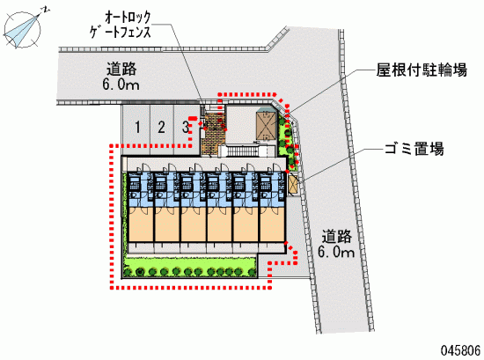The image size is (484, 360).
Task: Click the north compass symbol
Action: pyautogui.click(x=23, y=28)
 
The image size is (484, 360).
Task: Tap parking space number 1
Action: pyautogui.click(x=137, y=128)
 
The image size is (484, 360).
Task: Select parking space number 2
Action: pyautogui.click(x=161, y=128)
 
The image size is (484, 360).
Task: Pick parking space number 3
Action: pyautogui.click(x=185, y=128)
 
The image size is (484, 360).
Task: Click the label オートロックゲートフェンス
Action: pyautogui.click(x=121, y=25)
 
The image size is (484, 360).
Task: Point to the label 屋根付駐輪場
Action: pyautogui.click(x=422, y=70)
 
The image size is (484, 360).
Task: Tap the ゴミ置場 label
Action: pyautogui.click(x=414, y=149)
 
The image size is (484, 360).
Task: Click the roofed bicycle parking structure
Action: pyautogui.click(x=267, y=124)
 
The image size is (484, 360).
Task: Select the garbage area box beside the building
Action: pyautogui.click(x=293, y=184)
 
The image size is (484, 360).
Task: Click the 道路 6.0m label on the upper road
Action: pyautogui.click(x=121, y=77)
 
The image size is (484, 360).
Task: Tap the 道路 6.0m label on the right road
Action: pyautogui.click(x=336, y=244)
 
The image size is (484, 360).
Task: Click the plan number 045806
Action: pyautogui.click(x=460, y=350)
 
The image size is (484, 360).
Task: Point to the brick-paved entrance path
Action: pyautogui.click(x=212, y=134)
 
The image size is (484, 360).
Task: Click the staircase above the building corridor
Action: pyautogui.click(x=243, y=151)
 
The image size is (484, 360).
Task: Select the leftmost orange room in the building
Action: pyautogui.click(x=141, y=224)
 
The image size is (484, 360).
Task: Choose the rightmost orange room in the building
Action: pyautogui.click(x=272, y=224)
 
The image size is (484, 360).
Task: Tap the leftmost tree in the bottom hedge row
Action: pyautogui.click(x=128, y=272)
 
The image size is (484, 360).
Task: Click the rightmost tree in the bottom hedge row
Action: pyautogui.click(x=253, y=272)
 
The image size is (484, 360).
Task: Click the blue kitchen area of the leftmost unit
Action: pyautogui.click(x=141, y=190)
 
